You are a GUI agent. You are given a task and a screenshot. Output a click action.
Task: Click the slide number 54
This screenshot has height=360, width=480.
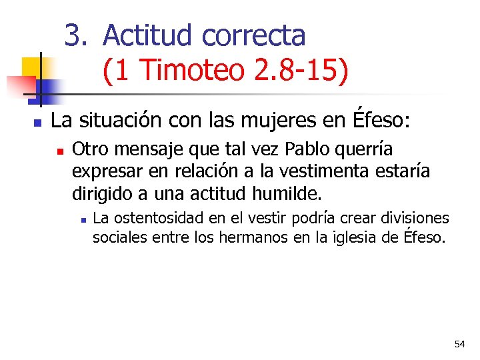click(459, 344)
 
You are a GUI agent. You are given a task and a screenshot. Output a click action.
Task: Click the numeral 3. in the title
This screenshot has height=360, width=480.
click(76, 35)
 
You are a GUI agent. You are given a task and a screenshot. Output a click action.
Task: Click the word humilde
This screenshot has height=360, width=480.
click(288, 194)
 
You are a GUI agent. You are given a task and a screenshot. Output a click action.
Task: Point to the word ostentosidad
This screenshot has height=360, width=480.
click(156, 218)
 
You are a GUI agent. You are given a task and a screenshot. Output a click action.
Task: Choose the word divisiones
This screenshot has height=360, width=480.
click(415, 218)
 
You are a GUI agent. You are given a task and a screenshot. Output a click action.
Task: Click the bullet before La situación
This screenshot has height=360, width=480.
click(37, 123)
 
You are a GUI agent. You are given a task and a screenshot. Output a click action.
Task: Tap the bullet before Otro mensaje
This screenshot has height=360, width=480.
click(60, 151)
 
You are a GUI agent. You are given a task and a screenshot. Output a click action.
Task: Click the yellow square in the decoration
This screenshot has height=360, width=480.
click(31, 67)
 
